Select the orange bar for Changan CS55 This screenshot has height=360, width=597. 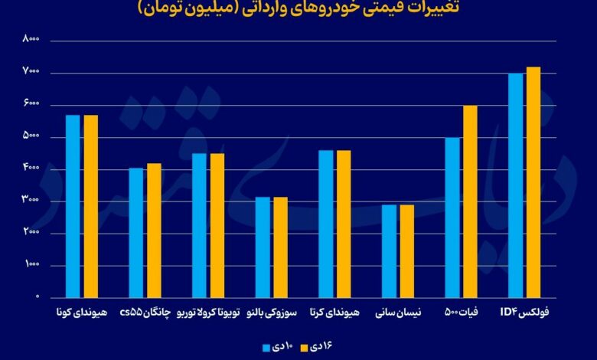coord(154,230)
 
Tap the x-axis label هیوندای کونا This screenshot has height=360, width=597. coord(82,313)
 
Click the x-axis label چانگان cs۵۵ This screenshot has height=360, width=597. coord(145,313)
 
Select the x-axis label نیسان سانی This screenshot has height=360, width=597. coord(397,313)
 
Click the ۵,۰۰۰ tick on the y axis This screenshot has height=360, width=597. coord(31,136)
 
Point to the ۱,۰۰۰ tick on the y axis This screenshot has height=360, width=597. coord(31,265)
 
